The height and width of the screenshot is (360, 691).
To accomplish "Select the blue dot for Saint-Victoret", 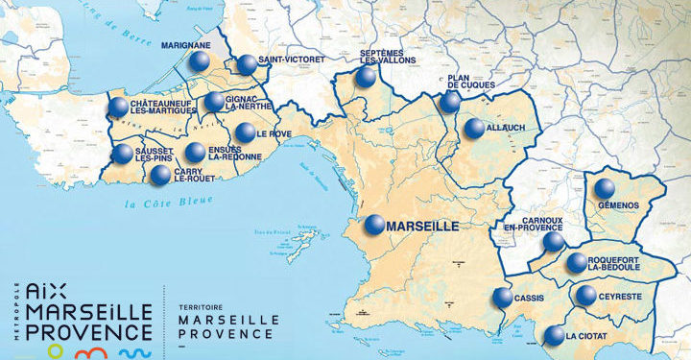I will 248,65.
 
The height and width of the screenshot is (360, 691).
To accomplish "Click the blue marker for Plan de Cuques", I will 451,103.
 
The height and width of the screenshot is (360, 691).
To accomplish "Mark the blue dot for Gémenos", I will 604,189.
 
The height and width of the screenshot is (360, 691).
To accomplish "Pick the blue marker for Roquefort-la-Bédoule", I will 577,262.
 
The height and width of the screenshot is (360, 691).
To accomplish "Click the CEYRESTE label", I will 622,296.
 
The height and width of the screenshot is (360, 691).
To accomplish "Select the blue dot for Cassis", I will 502,298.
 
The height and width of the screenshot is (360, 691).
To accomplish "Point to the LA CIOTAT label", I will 586,336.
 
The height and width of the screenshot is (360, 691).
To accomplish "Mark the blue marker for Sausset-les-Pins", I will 122,154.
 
